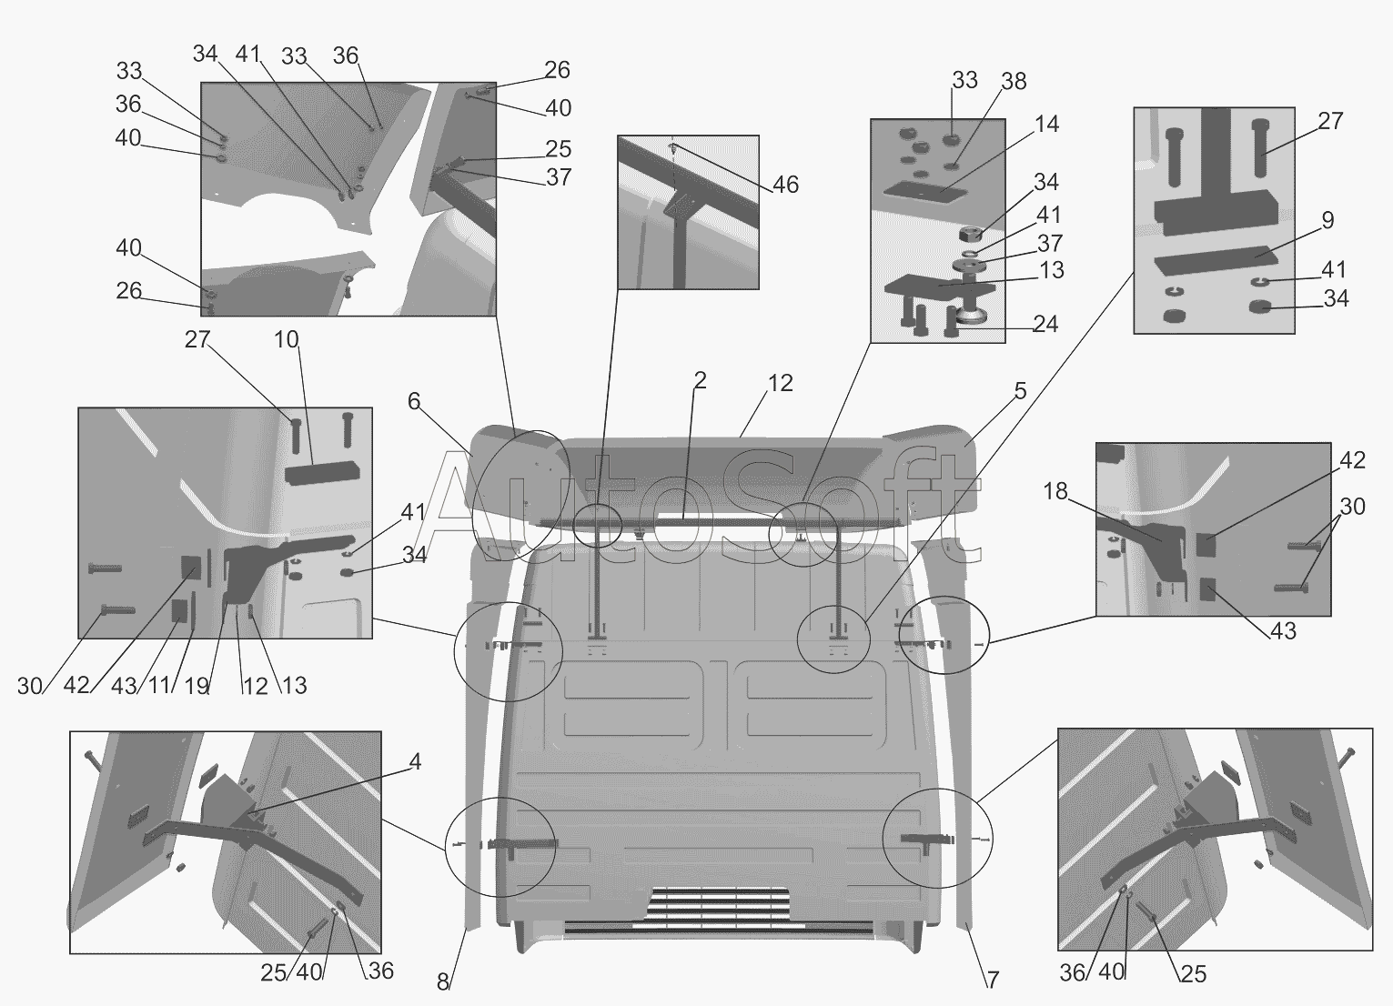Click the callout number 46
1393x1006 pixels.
point(785,186)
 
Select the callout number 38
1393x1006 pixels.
point(1013,82)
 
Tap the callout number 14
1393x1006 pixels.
point(1046,124)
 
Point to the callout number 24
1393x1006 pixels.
point(1045,324)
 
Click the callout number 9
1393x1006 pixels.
point(1327,220)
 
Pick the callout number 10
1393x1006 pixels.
point(286,340)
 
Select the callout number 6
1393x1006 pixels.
point(414,401)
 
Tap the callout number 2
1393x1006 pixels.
point(699,380)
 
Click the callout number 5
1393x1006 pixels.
point(1020,391)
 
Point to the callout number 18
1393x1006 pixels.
point(1055,492)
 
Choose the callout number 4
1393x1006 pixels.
point(415,762)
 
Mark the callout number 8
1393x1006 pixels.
point(443,982)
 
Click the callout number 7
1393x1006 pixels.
point(993,981)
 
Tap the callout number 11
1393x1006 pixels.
point(160,685)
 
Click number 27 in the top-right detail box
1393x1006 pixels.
point(1329,121)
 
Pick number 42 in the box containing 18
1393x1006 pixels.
point(1352,460)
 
